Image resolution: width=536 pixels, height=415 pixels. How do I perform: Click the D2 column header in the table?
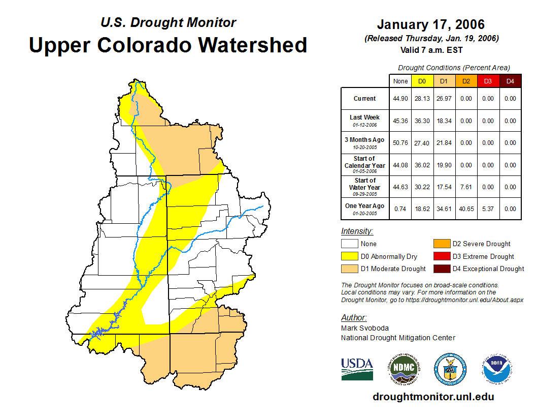pyautogui.click(x=466, y=81)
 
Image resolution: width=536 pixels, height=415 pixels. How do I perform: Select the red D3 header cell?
pyautogui.click(x=488, y=81)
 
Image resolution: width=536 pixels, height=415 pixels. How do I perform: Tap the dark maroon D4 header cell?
pyautogui.click(x=510, y=81)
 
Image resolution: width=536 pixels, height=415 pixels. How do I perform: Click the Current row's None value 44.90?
pyautogui.click(x=400, y=99)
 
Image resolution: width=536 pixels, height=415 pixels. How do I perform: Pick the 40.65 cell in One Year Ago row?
pyautogui.click(x=466, y=209)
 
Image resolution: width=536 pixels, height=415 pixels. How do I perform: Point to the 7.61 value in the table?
pyautogui.click(x=466, y=187)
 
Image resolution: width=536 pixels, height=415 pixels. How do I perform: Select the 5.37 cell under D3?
pyautogui.click(x=488, y=209)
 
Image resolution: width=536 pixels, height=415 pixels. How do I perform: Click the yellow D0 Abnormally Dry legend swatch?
pyautogui.click(x=349, y=256)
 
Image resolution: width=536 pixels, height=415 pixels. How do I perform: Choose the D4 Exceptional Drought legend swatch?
pyautogui.click(x=441, y=269)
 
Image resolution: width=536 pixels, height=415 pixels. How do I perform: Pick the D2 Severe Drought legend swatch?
pyautogui.click(x=441, y=244)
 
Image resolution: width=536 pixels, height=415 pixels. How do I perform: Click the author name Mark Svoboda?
pyautogui.click(x=364, y=328)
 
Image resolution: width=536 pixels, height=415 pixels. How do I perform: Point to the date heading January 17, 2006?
pyautogui.click(x=431, y=24)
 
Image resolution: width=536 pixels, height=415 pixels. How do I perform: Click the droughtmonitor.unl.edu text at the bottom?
pyautogui.click(x=433, y=397)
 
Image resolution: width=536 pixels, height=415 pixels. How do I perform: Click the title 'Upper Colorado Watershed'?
pyautogui.click(x=168, y=45)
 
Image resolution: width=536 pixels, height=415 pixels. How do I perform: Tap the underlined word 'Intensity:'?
pyautogui.click(x=357, y=231)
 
